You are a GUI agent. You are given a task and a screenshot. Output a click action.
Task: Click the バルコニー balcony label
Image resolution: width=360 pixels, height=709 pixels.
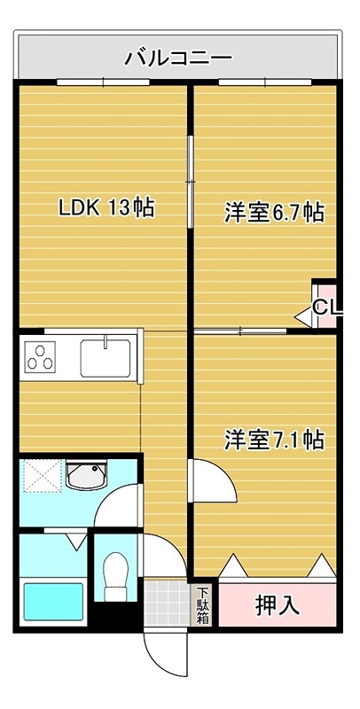[178, 59]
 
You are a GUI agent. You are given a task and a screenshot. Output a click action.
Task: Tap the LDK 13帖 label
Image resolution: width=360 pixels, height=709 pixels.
[106, 208]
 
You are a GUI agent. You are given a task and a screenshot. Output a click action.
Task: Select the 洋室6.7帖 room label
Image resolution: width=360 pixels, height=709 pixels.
[273, 213]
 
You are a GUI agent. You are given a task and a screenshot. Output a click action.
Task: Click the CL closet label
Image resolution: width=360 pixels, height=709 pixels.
[325, 308]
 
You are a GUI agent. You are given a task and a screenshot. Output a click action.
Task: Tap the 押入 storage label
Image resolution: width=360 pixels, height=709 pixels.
[278, 605]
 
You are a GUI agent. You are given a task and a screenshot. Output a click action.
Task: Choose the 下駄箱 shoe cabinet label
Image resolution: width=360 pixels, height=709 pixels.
[203, 605]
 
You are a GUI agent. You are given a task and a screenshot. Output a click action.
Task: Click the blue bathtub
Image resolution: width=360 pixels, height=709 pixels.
[52, 601]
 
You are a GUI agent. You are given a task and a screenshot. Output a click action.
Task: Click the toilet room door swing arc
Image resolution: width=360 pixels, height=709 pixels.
[160, 554]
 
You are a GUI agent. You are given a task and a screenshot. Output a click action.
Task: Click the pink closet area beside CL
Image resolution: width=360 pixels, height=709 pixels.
[327, 292]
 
